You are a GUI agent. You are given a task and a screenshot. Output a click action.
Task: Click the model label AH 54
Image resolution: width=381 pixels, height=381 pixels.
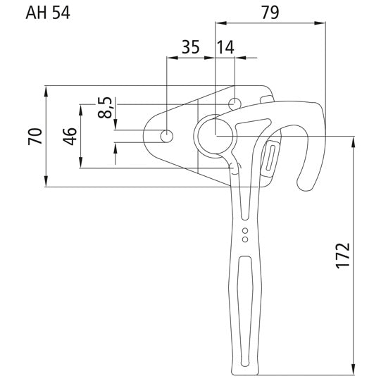pyautogui.click(x=47, y=13)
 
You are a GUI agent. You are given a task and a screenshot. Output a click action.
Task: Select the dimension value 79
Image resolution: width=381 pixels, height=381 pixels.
pyautogui.click(x=270, y=11)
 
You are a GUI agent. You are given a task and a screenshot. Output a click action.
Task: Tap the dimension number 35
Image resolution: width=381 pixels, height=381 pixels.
pyautogui.click(x=189, y=48)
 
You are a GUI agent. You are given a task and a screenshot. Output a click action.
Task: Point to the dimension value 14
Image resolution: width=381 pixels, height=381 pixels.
pyautogui.click(x=225, y=48)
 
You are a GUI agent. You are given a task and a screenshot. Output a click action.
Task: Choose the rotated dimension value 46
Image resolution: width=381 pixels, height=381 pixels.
pyautogui.click(x=70, y=137)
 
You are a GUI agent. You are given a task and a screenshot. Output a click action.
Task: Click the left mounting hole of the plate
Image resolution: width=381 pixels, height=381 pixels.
pyautogui.click(x=167, y=136)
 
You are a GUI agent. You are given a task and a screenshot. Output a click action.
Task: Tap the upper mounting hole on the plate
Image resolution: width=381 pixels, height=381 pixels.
pyautogui.click(x=235, y=104)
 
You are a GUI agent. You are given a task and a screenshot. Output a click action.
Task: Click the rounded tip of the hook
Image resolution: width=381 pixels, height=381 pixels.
pyautogui.click(x=307, y=185)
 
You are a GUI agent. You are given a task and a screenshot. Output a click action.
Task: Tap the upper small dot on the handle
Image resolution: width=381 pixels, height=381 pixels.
pyautogui.click(x=244, y=230)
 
